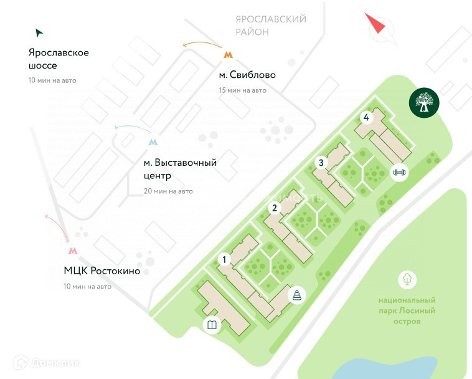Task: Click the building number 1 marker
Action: pyautogui.click(x=225, y=259)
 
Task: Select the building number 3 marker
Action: pyautogui.click(x=321, y=163)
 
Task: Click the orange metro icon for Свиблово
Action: pyautogui.click(x=229, y=55)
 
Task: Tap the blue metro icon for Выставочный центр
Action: pyautogui.click(x=153, y=142)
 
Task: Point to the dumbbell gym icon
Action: pyautogui.click(x=399, y=172)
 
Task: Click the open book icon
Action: pyautogui.click(x=212, y=325)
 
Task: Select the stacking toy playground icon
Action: pyautogui.click(x=298, y=295)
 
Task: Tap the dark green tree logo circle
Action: pyautogui.click(x=424, y=102)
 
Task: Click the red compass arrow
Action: pyautogui.click(x=375, y=24)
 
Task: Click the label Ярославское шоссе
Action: pyautogui.click(x=59, y=59)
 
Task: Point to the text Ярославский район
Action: pyautogui.click(x=271, y=26)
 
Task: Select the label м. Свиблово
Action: pyautogui.click(x=247, y=75)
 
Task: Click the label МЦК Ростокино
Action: pyautogui.click(x=102, y=271)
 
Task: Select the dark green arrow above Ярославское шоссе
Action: pyautogui.click(x=39, y=32)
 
